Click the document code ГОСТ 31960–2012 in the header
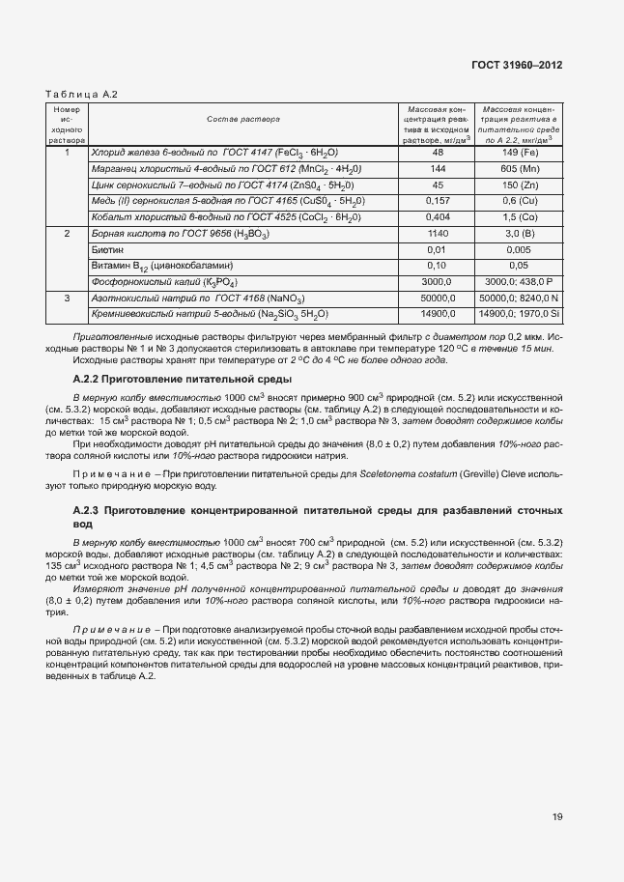tap(517, 65)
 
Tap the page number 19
tap(557, 816)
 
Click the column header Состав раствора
tap(241, 120)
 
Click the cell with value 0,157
tap(438, 200)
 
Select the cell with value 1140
tap(438, 234)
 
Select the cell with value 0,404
tap(438, 216)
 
